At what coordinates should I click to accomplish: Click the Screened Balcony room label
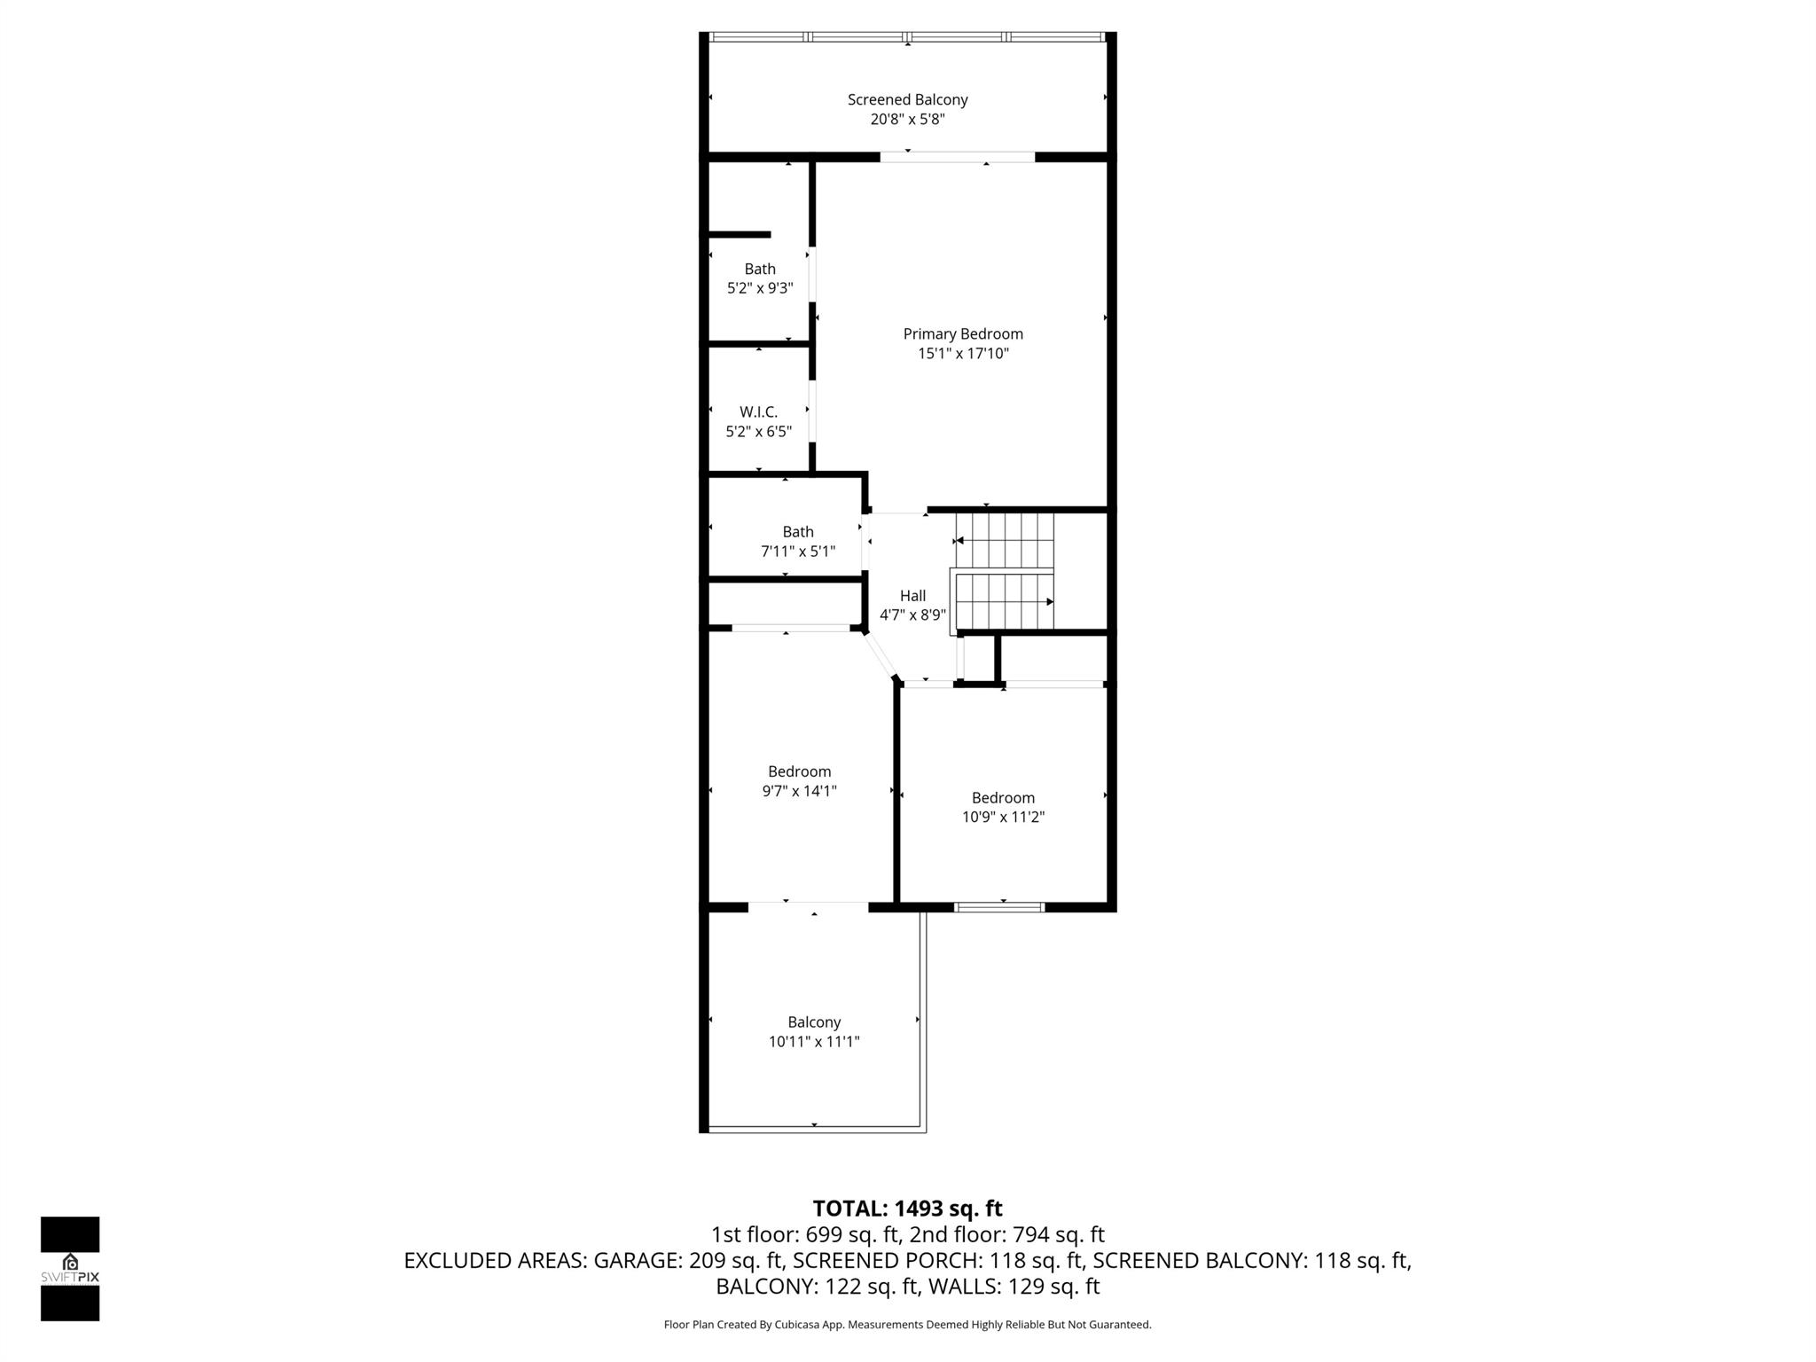[x=907, y=100]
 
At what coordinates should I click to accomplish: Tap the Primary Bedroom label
[x=963, y=334]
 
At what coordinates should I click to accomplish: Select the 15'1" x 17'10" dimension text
[x=963, y=354]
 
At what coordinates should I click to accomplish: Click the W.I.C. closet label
[x=758, y=412]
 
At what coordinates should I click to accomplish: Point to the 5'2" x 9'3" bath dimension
[x=760, y=288]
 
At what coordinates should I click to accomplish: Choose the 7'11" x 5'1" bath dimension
[x=798, y=552]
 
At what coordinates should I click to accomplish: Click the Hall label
[x=912, y=596]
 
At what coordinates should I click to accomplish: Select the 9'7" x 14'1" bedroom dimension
[x=799, y=791]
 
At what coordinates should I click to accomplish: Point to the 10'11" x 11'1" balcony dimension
[x=814, y=1042]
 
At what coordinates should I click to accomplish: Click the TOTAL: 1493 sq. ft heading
[x=907, y=1209]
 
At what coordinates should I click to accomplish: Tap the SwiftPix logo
[x=70, y=1268]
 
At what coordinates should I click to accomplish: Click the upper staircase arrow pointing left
[x=959, y=541]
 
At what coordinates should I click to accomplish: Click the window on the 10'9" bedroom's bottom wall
[x=999, y=907]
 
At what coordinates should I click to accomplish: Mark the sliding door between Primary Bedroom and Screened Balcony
[x=957, y=158]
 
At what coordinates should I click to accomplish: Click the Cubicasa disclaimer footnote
[x=907, y=1325]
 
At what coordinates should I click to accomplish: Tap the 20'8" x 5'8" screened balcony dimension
[x=907, y=120]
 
